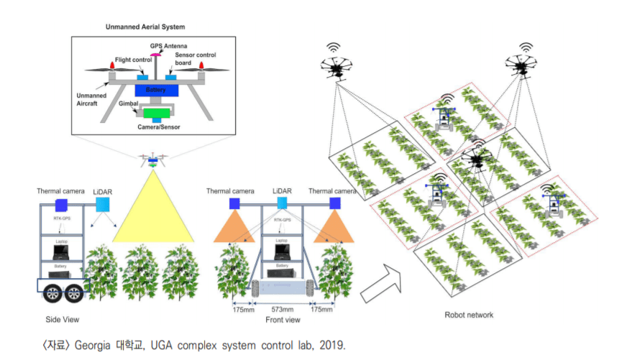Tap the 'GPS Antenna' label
[166, 46]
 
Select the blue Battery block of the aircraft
[155, 90]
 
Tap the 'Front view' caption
[283, 320]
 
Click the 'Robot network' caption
[468, 315]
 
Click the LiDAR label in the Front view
[282, 190]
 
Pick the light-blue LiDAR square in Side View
[104, 204]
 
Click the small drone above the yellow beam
[153, 160]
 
